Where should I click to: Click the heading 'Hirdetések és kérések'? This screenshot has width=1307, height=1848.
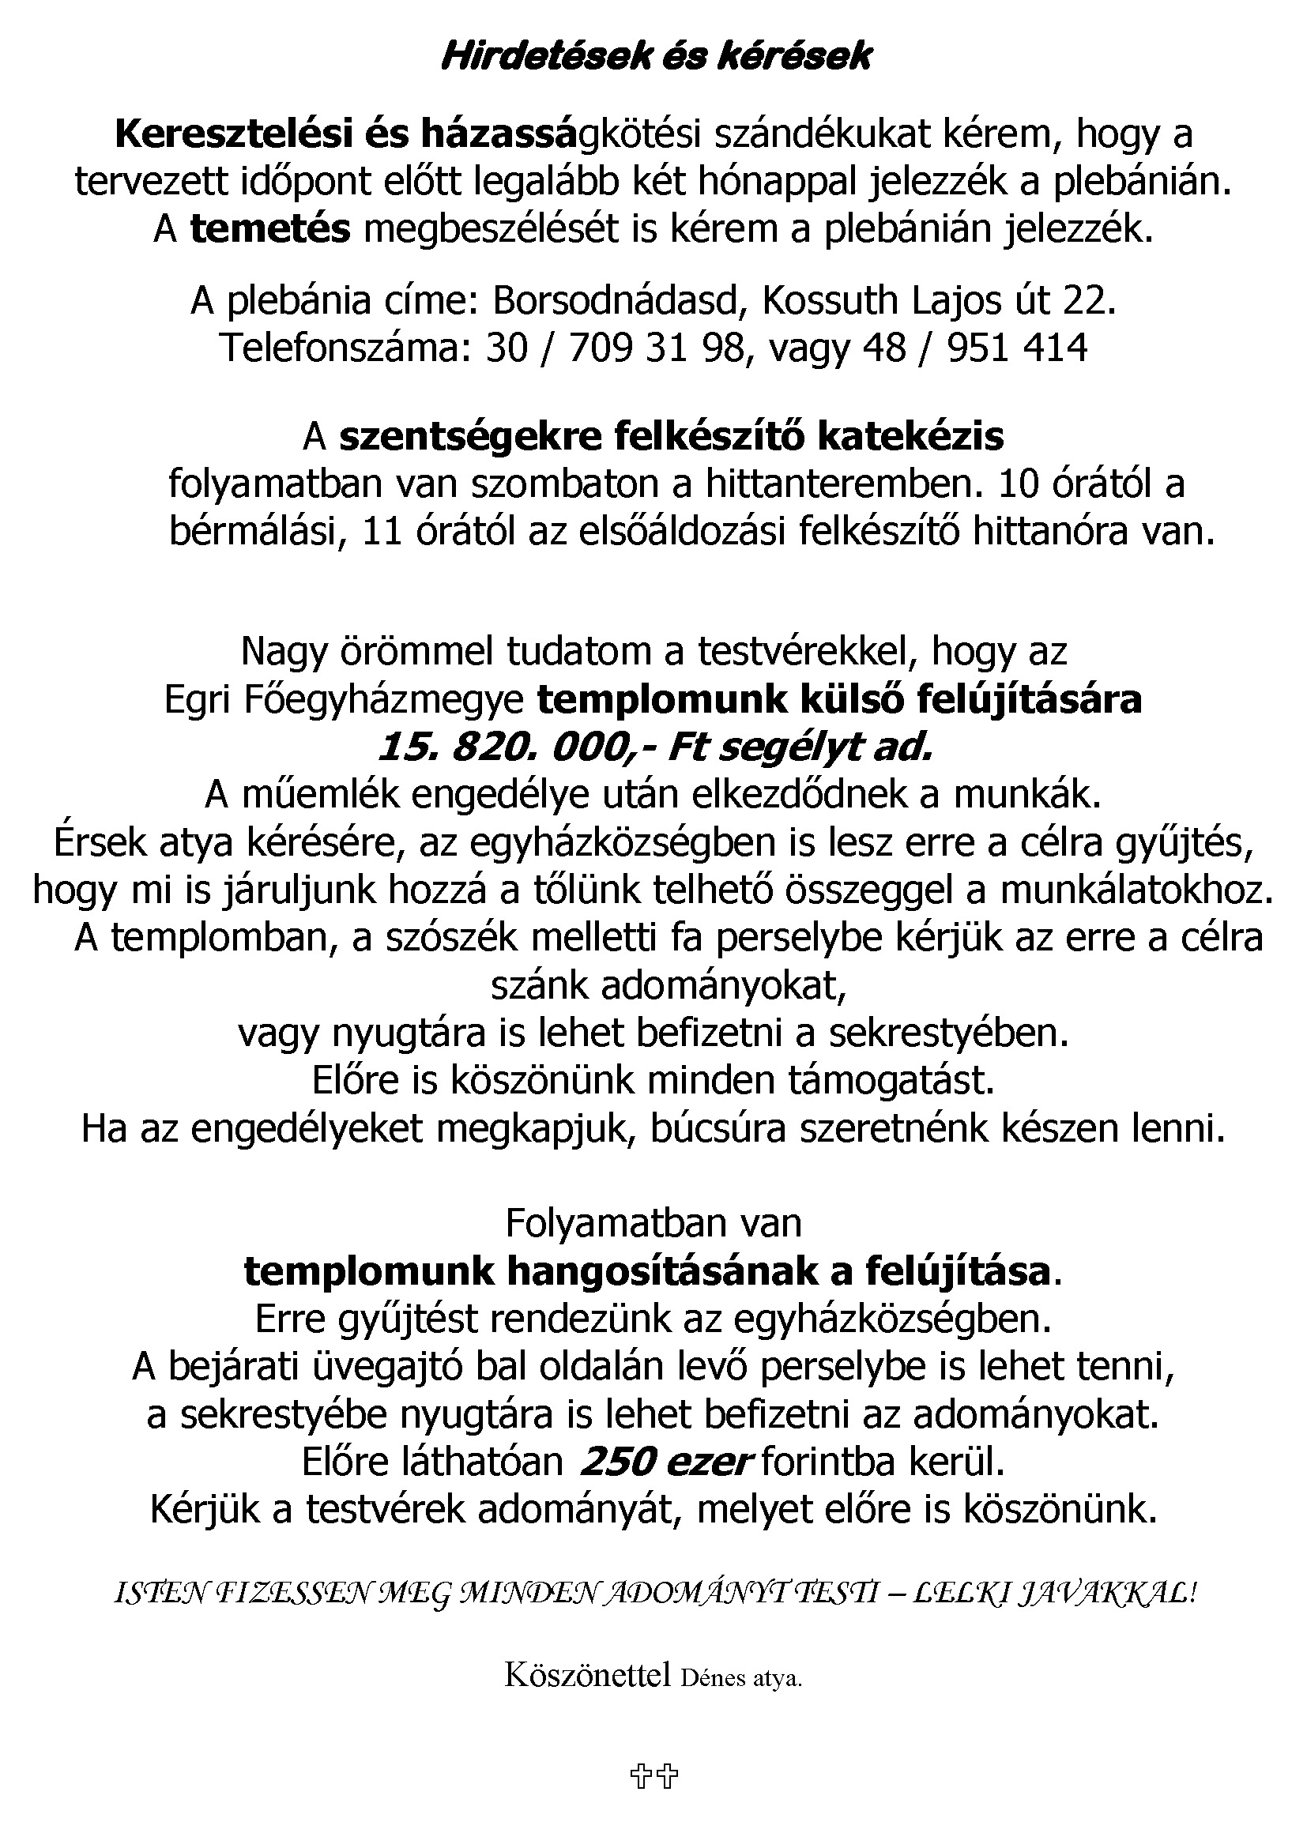(x=656, y=57)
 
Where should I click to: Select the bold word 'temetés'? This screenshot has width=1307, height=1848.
(x=270, y=229)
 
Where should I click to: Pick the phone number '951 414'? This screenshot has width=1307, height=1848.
(x=1018, y=348)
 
